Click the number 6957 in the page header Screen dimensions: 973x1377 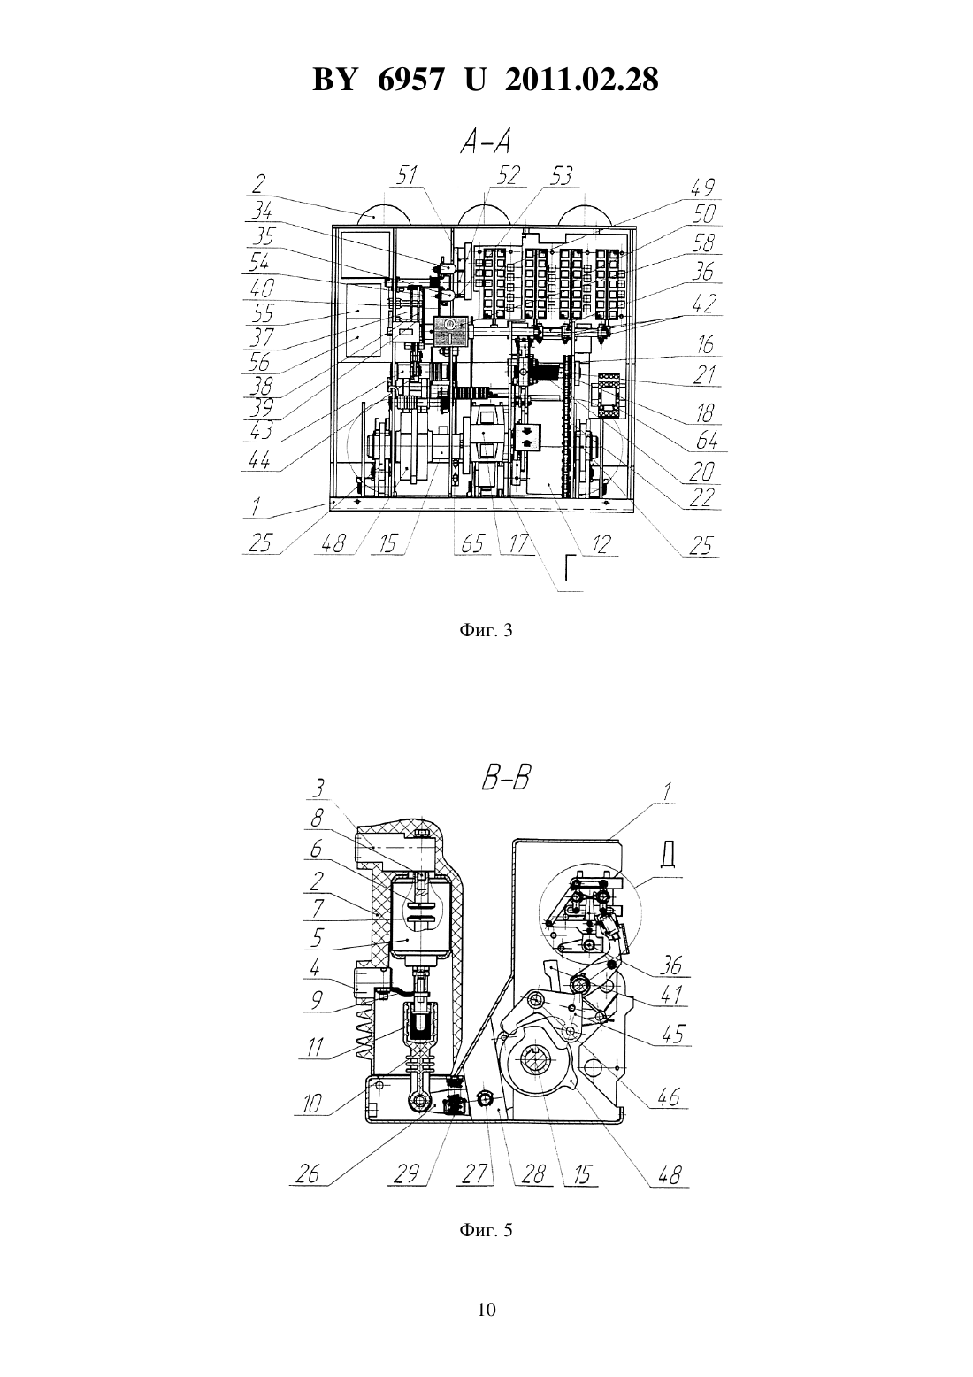(x=410, y=80)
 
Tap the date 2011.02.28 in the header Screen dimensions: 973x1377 (x=582, y=80)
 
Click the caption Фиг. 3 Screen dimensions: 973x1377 (x=486, y=631)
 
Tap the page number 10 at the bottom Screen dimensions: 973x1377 (x=486, y=1310)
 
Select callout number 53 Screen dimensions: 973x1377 (x=560, y=176)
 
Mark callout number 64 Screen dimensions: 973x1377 (x=706, y=440)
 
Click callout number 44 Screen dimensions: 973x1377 (x=259, y=459)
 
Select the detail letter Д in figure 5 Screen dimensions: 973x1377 (x=669, y=857)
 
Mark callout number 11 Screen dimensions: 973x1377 (x=315, y=1046)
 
